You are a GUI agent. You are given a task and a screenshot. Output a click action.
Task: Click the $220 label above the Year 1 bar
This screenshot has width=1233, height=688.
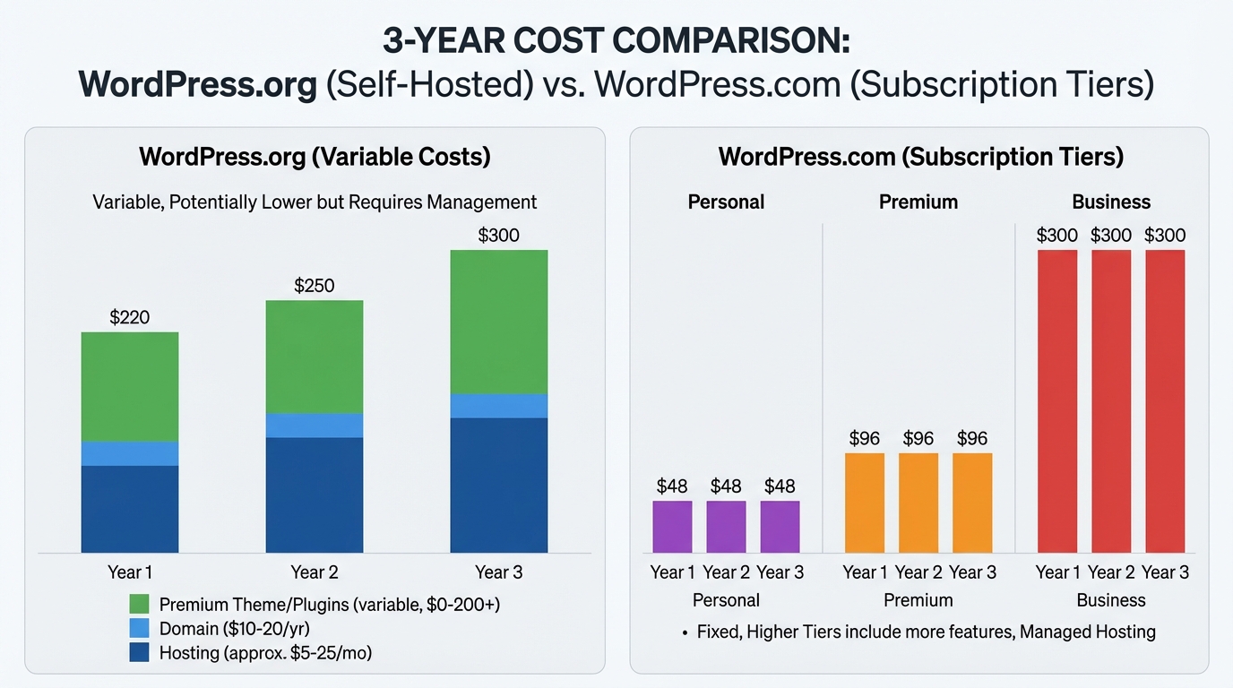129,317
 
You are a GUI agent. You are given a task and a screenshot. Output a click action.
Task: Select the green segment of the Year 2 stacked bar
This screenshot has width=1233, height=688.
314,357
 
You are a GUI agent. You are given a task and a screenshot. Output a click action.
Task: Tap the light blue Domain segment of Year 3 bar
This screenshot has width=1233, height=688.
498,406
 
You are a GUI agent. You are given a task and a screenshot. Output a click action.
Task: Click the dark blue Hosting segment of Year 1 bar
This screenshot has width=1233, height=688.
129,509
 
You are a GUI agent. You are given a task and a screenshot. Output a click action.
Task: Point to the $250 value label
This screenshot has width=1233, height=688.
314,286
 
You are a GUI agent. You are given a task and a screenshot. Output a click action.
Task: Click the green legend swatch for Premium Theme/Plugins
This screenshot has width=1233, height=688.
139,604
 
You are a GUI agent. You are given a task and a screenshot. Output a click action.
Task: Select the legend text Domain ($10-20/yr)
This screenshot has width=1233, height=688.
234,629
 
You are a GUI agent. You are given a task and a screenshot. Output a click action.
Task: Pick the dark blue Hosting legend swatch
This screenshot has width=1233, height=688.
139,652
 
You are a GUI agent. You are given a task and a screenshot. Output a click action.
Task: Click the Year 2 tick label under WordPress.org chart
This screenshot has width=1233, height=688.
314,572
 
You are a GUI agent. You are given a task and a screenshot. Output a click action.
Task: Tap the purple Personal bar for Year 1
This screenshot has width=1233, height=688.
672,527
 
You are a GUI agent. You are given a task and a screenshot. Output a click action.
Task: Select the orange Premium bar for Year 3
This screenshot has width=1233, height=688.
972,503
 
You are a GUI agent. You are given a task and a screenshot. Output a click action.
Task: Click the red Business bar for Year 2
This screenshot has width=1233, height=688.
1111,401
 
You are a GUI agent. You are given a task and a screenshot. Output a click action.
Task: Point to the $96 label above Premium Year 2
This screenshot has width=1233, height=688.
918,439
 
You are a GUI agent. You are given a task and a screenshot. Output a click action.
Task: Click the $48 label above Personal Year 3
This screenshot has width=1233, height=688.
780,486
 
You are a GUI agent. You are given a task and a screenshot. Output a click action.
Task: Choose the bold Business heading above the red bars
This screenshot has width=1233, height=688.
1111,202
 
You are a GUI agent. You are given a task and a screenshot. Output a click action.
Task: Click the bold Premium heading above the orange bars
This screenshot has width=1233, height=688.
918,202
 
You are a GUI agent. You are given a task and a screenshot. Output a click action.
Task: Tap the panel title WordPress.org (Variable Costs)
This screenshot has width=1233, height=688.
315,157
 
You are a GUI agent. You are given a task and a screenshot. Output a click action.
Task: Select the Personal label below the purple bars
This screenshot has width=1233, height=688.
726,600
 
